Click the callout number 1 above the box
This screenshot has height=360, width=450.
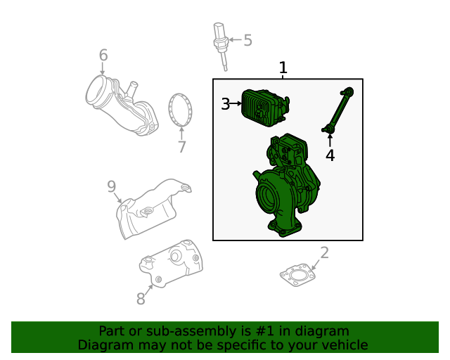click(x=283, y=67)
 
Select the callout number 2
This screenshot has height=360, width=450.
click(x=324, y=252)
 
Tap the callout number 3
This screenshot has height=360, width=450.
click(x=225, y=104)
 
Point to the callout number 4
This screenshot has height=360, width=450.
click(x=330, y=155)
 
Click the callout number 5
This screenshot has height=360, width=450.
click(x=247, y=40)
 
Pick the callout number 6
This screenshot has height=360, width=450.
click(x=103, y=55)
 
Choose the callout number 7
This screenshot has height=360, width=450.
click(x=182, y=147)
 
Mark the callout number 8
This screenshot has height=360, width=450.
click(x=141, y=299)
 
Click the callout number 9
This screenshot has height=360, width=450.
click(x=111, y=186)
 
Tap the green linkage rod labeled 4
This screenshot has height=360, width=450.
click(x=337, y=110)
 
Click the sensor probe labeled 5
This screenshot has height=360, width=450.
click(x=221, y=46)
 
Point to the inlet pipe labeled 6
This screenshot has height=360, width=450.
click(x=122, y=105)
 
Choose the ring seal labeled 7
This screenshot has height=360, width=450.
click(x=181, y=110)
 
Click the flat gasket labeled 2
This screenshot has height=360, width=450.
click(x=297, y=275)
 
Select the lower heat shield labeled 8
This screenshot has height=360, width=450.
click(x=172, y=264)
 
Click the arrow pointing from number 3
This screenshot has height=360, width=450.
click(x=236, y=103)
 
